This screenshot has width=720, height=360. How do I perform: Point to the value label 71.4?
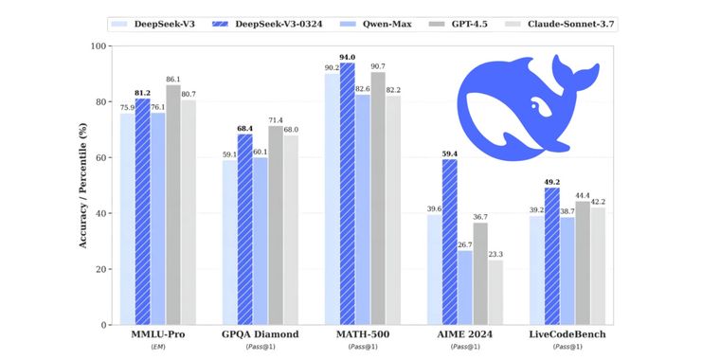point(276,120)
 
